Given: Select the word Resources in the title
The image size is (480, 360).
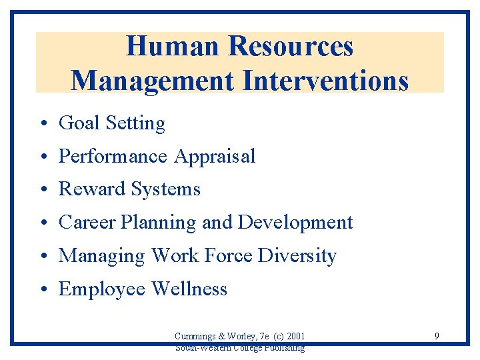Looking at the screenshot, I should [x=291, y=47].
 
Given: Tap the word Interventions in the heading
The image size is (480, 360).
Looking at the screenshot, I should [x=326, y=81].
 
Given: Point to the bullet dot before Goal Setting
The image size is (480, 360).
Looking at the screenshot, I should [x=42, y=124].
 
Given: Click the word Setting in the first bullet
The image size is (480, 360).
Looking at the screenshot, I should [x=135, y=123].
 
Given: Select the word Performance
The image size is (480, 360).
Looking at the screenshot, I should [x=113, y=156].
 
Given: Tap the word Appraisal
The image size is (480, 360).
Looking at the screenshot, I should [x=215, y=157].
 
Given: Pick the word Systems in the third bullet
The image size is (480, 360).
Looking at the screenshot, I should [x=165, y=190].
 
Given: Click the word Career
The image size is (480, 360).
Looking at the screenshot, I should [x=87, y=223].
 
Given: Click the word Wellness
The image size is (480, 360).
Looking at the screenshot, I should [x=189, y=289].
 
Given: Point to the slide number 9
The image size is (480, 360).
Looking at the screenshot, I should [x=437, y=336].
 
